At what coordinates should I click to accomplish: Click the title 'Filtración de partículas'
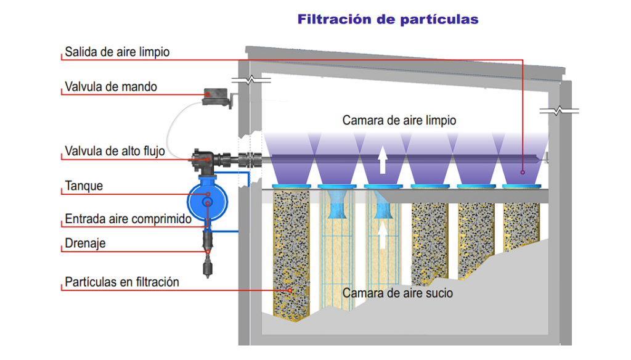(x=388, y=20)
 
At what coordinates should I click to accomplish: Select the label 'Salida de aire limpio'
(x=117, y=52)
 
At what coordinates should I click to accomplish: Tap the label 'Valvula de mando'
(x=111, y=87)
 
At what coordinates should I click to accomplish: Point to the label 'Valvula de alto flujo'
(x=115, y=151)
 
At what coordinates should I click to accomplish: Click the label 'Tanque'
(x=84, y=186)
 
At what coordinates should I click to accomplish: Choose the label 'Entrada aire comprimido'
(x=128, y=219)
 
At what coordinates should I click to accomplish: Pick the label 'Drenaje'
(x=85, y=243)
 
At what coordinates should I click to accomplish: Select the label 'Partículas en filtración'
(x=122, y=282)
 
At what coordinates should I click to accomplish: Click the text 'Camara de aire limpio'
(x=399, y=120)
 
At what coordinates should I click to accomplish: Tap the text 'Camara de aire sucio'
(x=397, y=293)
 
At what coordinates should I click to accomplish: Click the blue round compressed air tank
(x=208, y=197)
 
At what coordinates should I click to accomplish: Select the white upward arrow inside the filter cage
(x=383, y=235)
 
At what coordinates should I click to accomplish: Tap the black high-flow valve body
(x=203, y=160)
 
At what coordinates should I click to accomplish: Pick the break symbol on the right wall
(x=558, y=111)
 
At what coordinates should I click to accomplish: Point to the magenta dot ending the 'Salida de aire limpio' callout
(x=523, y=172)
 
